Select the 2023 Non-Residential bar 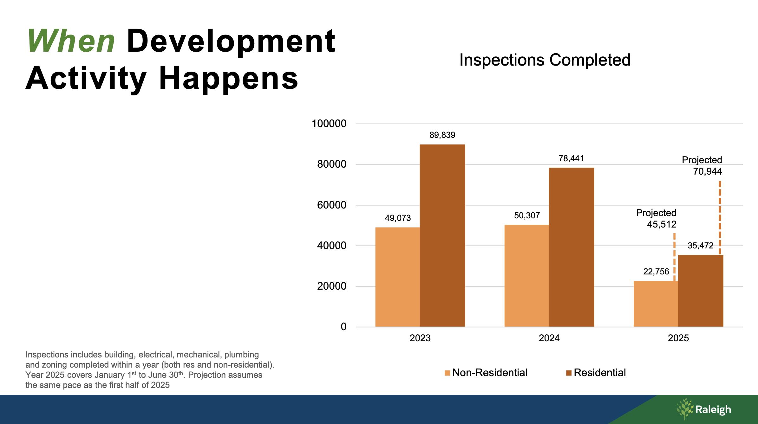click(397, 277)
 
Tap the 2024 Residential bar click(571, 247)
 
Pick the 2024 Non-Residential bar click(526, 276)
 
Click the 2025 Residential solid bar click(701, 291)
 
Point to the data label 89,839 click(442, 135)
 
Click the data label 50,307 click(527, 216)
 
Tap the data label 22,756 click(656, 272)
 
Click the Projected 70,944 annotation click(702, 166)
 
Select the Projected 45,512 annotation click(656, 219)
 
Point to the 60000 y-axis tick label click(332, 205)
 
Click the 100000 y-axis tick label click(329, 124)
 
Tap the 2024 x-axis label click(549, 338)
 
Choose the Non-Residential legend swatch click(447, 373)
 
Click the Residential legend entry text click(600, 373)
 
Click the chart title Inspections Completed click(545, 60)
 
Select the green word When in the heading click(71, 41)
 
